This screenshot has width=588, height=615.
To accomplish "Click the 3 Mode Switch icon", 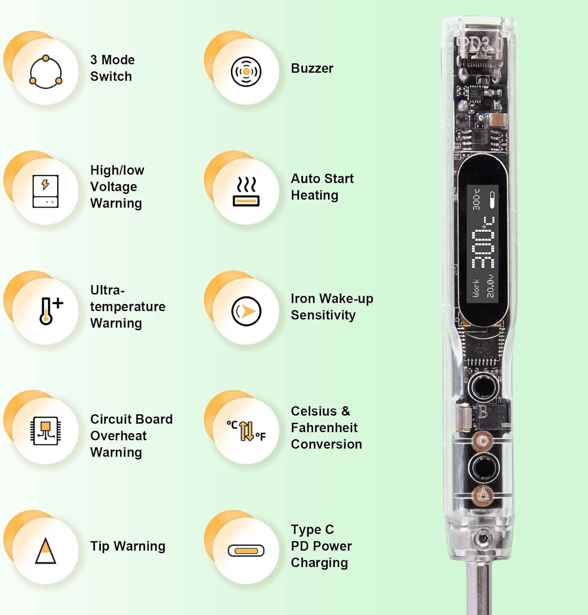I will pos(46,72).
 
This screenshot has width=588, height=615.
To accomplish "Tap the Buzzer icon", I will pos(246,72).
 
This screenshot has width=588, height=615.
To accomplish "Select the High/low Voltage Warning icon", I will pos(46,191).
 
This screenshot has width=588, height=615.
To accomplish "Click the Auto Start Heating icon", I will pos(246,191).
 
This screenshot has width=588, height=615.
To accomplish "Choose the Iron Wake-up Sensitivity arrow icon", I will pos(246,311).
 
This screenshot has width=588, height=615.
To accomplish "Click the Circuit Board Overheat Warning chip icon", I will pos(46,430).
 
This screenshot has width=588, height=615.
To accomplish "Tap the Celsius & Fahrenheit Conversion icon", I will pos(246,431).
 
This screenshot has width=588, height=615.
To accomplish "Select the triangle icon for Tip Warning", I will pos(46,551).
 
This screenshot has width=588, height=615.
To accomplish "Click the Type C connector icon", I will pos(246,551).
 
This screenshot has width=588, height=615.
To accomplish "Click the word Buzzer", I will pos(312,68).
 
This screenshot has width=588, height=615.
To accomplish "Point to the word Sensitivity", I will pos(323,315).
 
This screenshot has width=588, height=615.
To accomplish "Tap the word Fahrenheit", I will pos(324,428).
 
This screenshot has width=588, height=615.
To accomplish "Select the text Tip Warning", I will pos(128,546).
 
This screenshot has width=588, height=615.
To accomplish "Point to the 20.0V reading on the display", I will pos(490,286).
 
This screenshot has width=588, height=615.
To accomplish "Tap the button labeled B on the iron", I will pos(483,386).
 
